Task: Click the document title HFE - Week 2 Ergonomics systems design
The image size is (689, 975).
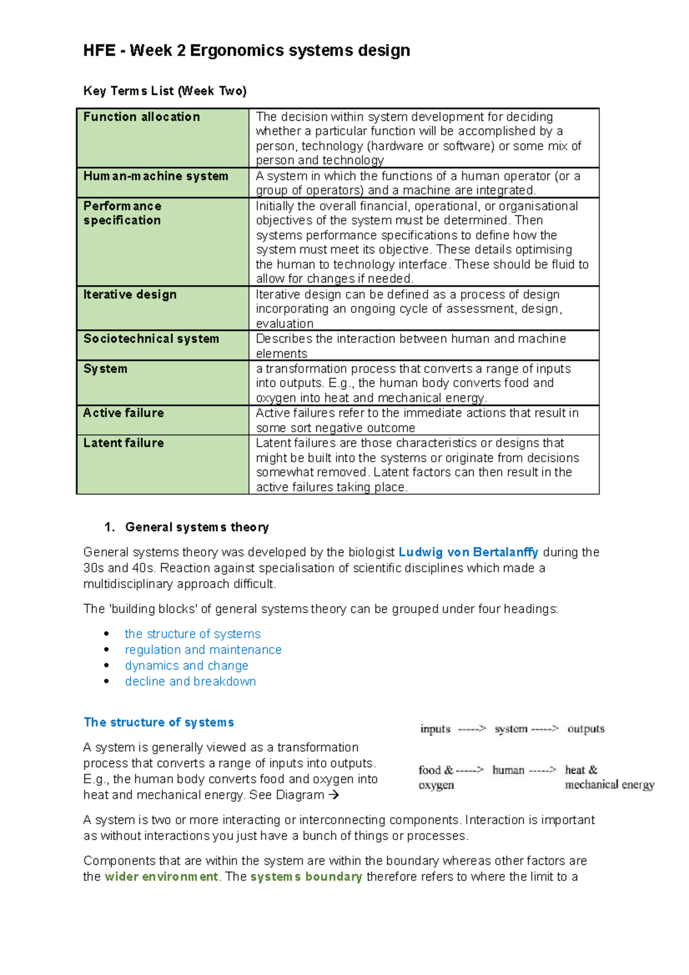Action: tap(246, 51)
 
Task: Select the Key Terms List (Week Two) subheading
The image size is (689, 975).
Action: tap(165, 91)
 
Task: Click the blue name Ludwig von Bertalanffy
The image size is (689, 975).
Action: tap(468, 552)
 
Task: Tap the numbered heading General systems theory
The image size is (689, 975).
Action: tap(196, 527)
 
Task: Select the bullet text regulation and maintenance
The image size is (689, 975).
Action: tap(203, 649)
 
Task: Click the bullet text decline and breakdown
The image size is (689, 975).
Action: tap(190, 682)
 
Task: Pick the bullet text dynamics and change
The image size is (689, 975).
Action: tap(187, 666)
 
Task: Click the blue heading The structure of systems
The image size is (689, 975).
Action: tap(158, 722)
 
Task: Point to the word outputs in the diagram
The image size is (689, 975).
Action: tap(586, 729)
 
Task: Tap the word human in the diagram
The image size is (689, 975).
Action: tap(508, 770)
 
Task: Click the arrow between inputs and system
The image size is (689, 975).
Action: tap(471, 729)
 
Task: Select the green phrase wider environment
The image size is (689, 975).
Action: tap(161, 877)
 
